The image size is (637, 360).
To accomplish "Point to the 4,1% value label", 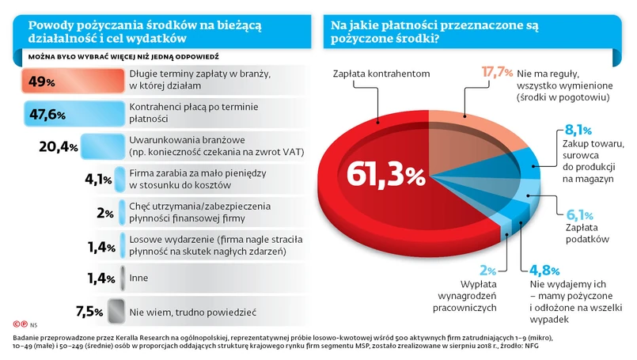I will click(97, 180).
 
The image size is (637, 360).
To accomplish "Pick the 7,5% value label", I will click(89, 311).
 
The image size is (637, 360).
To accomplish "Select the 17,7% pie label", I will click(497, 73).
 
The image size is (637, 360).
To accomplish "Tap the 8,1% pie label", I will click(578, 130).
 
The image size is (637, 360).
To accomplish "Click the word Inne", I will click(139, 278).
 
